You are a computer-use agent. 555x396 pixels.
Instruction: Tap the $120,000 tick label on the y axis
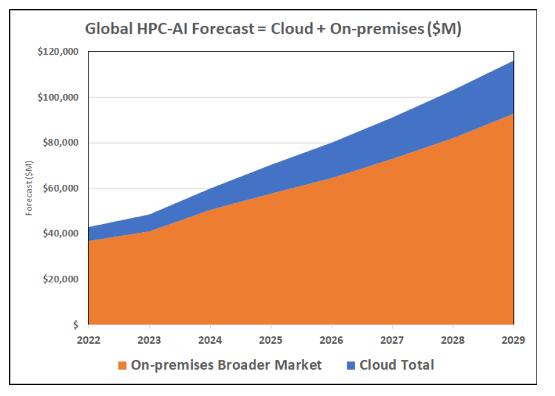[x=58, y=52]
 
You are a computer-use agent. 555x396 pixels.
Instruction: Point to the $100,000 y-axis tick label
[x=58, y=97]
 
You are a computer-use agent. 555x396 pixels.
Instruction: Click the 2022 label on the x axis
[x=89, y=340]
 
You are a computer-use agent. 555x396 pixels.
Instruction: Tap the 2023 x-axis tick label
[x=149, y=340]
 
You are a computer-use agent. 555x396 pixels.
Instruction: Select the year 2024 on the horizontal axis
[x=210, y=340]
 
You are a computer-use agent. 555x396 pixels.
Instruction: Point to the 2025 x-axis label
[x=271, y=340]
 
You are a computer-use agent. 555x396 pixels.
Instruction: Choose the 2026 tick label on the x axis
[x=332, y=340]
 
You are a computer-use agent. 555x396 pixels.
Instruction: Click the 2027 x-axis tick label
[x=392, y=340]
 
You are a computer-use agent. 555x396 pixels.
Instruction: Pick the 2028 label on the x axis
[x=453, y=340]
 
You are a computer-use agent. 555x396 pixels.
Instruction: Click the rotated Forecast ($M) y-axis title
[x=29, y=187]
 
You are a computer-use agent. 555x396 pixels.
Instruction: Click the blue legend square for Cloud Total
[x=351, y=366]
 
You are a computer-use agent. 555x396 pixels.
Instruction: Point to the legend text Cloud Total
[x=396, y=365]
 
